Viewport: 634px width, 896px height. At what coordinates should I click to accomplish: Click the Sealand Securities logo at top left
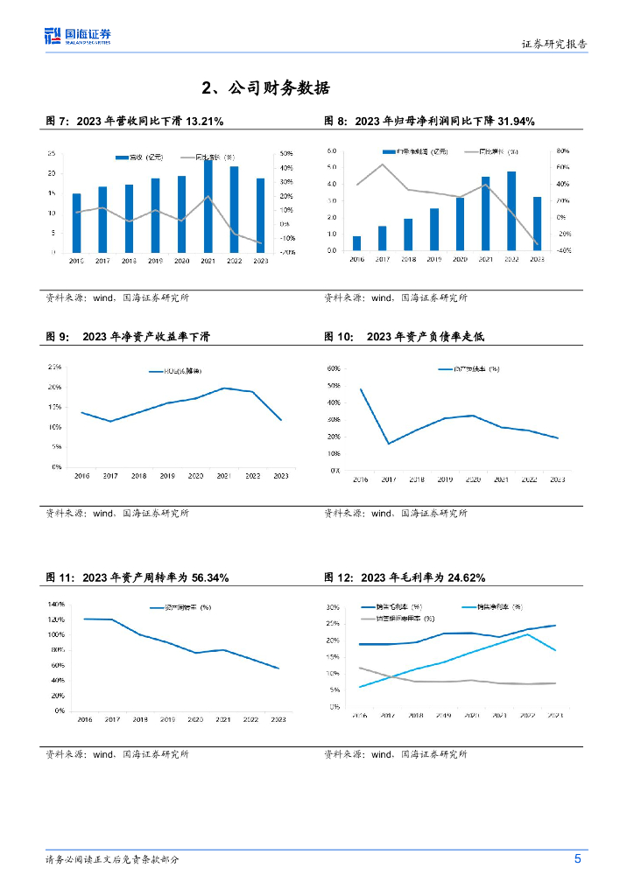click(78, 36)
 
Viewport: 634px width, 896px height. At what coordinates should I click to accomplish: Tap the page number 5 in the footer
click(577, 859)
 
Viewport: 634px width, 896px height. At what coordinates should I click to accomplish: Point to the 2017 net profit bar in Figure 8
click(382, 238)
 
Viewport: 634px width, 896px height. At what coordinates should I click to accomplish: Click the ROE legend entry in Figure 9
click(180, 372)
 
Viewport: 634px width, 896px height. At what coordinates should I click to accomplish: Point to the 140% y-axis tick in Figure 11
click(55, 605)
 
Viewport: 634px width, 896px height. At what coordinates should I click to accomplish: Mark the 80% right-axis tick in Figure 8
click(563, 150)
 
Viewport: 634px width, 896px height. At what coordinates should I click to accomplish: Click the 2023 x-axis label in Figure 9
click(280, 475)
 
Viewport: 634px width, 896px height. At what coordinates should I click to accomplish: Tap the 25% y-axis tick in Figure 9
click(55, 367)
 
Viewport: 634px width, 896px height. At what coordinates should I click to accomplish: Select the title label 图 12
click(338, 577)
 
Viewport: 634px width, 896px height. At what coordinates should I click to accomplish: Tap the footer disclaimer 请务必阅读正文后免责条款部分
click(112, 859)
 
